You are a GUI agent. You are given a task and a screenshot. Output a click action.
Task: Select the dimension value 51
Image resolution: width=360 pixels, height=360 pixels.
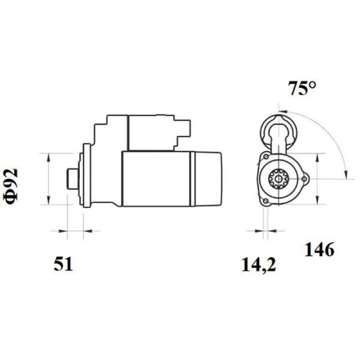(63, 264)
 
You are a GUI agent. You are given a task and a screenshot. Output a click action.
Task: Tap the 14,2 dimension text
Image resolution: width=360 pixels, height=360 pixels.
(259, 265)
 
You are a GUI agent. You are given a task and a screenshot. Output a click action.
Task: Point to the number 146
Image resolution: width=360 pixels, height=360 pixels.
(319, 250)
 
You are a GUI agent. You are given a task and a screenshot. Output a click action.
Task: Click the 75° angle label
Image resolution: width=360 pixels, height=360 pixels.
(302, 88)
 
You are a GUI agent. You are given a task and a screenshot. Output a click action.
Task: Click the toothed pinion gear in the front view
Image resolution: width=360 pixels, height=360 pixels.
(279, 179)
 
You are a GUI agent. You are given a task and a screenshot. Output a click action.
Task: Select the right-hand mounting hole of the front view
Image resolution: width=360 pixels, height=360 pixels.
(305, 179)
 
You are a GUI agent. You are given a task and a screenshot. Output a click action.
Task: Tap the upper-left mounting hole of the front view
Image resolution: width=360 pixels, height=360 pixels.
(266, 157)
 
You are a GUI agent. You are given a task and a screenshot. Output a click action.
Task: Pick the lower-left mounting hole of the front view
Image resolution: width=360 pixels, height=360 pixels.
(265, 201)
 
